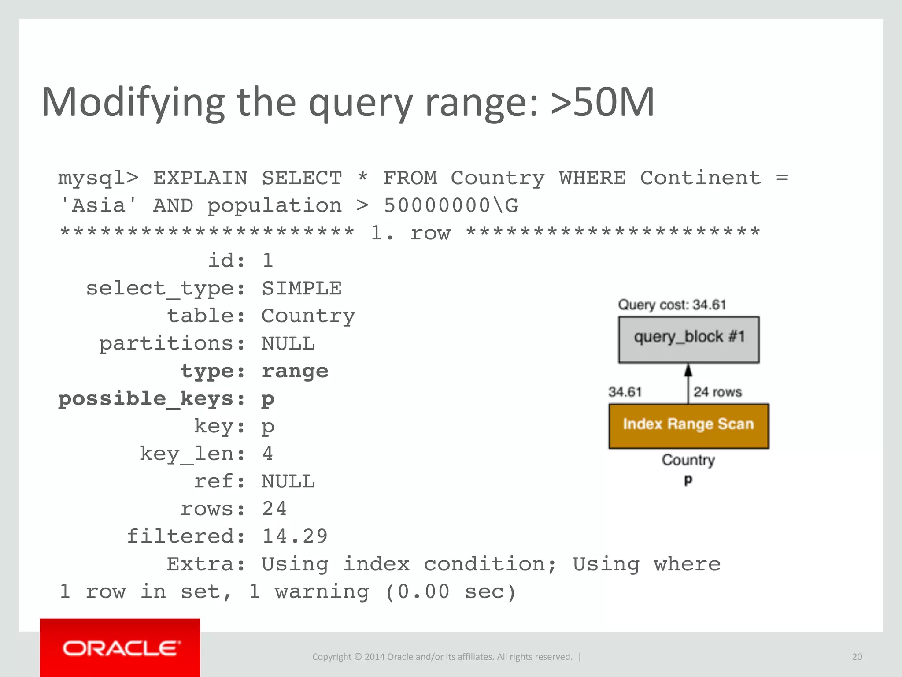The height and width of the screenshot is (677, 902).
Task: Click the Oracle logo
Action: [120, 648]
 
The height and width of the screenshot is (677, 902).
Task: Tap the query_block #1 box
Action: [689, 339]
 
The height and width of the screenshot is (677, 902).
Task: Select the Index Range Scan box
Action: [688, 426]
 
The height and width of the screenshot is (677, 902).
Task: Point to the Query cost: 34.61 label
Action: [672, 305]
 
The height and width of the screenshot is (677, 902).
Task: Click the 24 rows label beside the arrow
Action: [717, 392]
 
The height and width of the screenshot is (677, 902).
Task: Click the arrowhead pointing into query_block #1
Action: [688, 370]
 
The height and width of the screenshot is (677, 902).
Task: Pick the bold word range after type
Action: [295, 371]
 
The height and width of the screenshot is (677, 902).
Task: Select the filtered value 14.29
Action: [295, 536]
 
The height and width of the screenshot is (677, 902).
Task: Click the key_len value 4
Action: [268, 454]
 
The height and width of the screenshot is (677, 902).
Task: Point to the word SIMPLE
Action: [302, 288]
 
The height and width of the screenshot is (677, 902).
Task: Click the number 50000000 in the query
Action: [436, 205]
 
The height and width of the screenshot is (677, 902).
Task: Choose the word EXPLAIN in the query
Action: [200, 178]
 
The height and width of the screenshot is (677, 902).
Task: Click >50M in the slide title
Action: [602, 102]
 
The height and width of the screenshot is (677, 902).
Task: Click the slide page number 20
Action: [857, 657]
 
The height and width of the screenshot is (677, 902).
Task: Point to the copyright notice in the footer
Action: [442, 657]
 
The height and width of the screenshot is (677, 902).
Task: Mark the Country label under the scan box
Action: [688, 460]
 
